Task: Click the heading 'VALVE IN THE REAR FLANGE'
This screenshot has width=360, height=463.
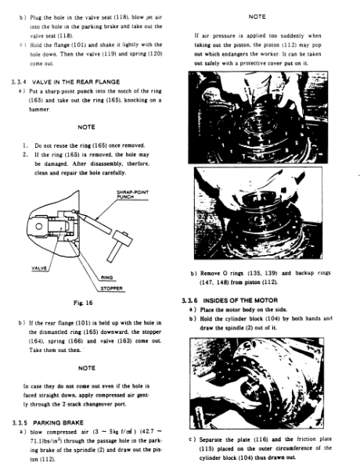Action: pos(76,82)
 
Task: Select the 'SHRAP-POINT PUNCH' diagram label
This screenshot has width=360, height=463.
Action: pos(132,194)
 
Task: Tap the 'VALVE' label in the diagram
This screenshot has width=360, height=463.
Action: pos(39,268)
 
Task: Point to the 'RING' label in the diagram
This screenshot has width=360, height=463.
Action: pos(106,278)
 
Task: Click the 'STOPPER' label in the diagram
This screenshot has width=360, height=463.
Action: pos(111,288)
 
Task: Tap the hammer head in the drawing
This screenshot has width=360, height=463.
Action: pos(122,239)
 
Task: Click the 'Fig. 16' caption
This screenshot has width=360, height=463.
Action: pos(83,303)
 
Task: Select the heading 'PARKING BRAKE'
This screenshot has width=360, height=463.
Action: pos(58,422)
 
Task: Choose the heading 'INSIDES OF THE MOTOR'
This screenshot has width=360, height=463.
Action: pos(240,300)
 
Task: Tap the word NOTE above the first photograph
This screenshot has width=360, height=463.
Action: pos(257,17)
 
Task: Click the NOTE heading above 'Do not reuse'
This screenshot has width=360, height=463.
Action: pos(86,127)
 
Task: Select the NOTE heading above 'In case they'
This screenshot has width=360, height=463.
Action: pos(87,368)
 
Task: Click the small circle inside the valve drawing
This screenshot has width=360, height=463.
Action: pos(39,227)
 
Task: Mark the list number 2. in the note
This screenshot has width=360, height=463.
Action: pos(26,154)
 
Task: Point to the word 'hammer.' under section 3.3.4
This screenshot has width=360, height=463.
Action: pos(40,109)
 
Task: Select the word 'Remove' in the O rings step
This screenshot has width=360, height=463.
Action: pos(210,273)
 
